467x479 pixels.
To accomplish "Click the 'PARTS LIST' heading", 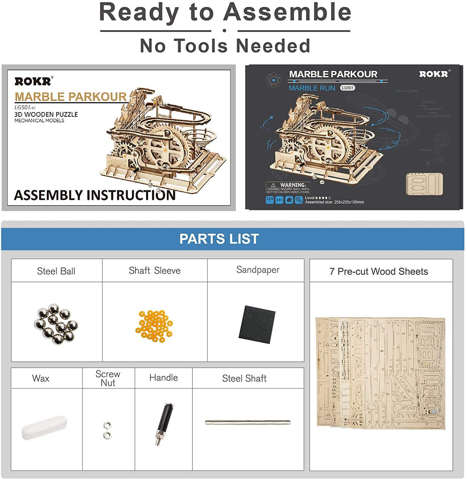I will pyautogui.click(x=219, y=239).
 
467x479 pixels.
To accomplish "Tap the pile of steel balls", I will pyautogui.click(x=56, y=323).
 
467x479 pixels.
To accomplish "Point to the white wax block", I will pyautogui.click(x=44, y=427).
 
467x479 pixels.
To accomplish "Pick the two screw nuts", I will pyautogui.click(x=108, y=430).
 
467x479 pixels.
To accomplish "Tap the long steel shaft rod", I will pyautogui.click(x=248, y=422).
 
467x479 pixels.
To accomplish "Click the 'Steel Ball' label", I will pyautogui.click(x=56, y=271).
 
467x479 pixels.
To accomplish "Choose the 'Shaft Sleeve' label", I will pyautogui.click(x=155, y=271).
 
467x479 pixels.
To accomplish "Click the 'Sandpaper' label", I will pyautogui.click(x=258, y=270).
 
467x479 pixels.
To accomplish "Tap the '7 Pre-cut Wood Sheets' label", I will pyautogui.click(x=379, y=271).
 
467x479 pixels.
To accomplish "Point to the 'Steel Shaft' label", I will pyautogui.click(x=244, y=379).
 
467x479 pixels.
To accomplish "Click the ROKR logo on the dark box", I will pyautogui.click(x=434, y=74).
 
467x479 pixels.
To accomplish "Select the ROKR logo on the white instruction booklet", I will pyautogui.click(x=33, y=81).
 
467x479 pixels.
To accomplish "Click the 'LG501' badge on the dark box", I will pyautogui.click(x=347, y=88).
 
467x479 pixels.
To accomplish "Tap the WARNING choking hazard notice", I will pyautogui.click(x=288, y=188).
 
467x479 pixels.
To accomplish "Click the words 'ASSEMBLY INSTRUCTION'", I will pyautogui.click(x=95, y=195).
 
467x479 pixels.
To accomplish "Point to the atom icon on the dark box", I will pyautogui.click(x=274, y=80).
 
